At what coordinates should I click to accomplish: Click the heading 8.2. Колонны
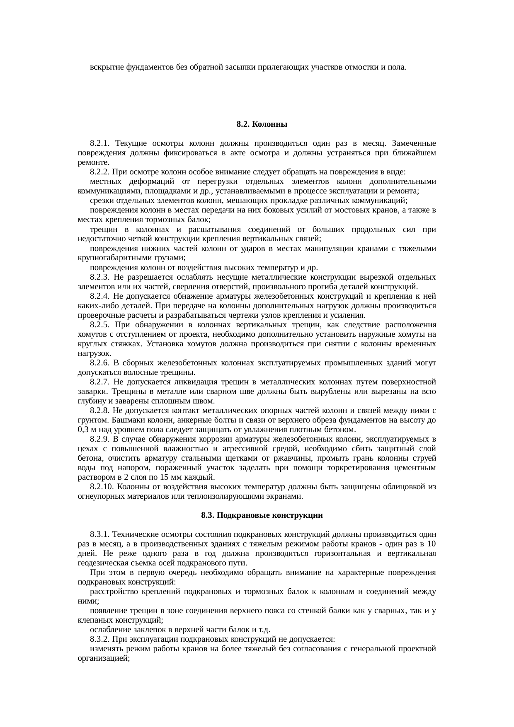pyautogui.click(x=262, y=124)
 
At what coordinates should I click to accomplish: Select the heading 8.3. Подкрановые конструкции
pyautogui.click(x=262, y=515)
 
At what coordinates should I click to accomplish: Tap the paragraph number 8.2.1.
pyautogui.click(x=99, y=143)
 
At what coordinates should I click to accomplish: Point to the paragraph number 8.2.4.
pyautogui.click(x=99, y=296)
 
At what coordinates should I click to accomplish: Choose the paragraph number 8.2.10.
pyautogui.click(x=102, y=487)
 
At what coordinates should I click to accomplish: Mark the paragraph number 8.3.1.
pyautogui.click(x=99, y=534)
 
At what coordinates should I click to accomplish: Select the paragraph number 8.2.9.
pyautogui.click(x=99, y=439)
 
